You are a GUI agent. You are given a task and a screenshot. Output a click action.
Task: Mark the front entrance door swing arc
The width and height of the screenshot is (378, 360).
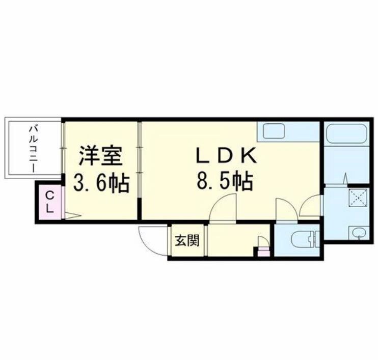[x=151, y=235]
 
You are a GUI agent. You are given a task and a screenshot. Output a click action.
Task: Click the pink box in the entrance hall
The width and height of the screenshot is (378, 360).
[x=262, y=251]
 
